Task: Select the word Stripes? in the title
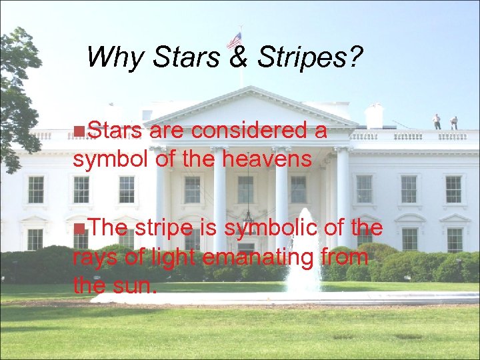point(305,59)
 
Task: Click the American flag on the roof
point(234,41)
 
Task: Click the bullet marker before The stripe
point(79,229)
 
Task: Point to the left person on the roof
point(437,121)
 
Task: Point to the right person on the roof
point(455,123)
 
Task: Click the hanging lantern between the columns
point(248,215)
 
